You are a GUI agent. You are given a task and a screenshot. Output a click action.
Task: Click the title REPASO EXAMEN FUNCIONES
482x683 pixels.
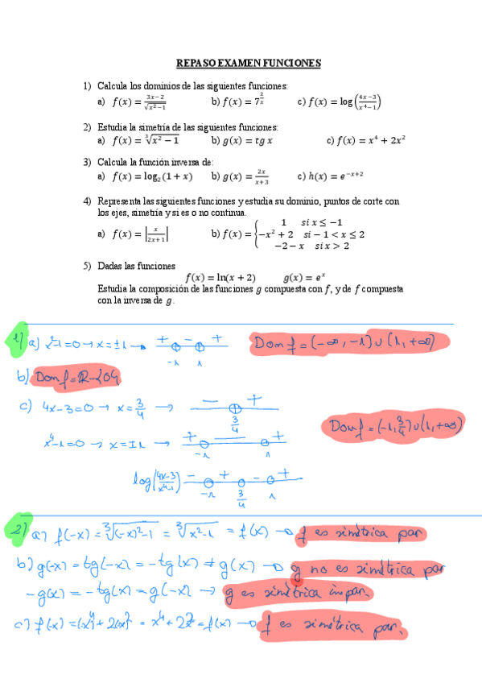(249, 63)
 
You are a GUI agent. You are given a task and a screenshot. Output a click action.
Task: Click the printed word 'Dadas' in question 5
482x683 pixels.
(113, 265)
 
